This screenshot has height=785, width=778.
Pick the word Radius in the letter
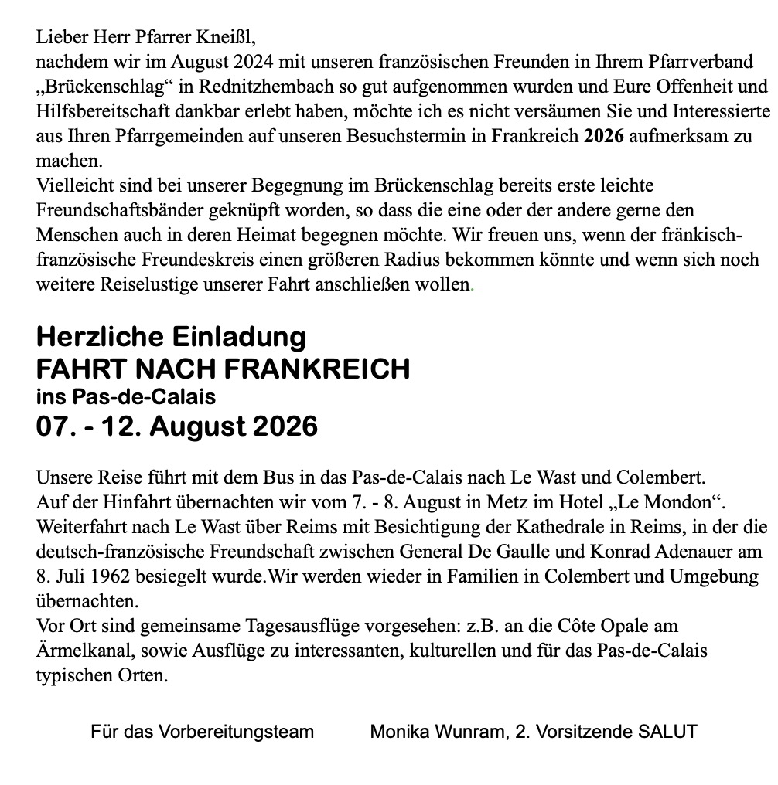click(511, 260)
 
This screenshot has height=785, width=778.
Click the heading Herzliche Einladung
click(171, 337)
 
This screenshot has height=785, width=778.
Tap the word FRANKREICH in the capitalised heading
click(316, 369)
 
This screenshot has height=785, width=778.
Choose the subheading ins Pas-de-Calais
click(126, 397)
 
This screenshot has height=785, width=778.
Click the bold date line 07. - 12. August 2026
click(177, 426)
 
